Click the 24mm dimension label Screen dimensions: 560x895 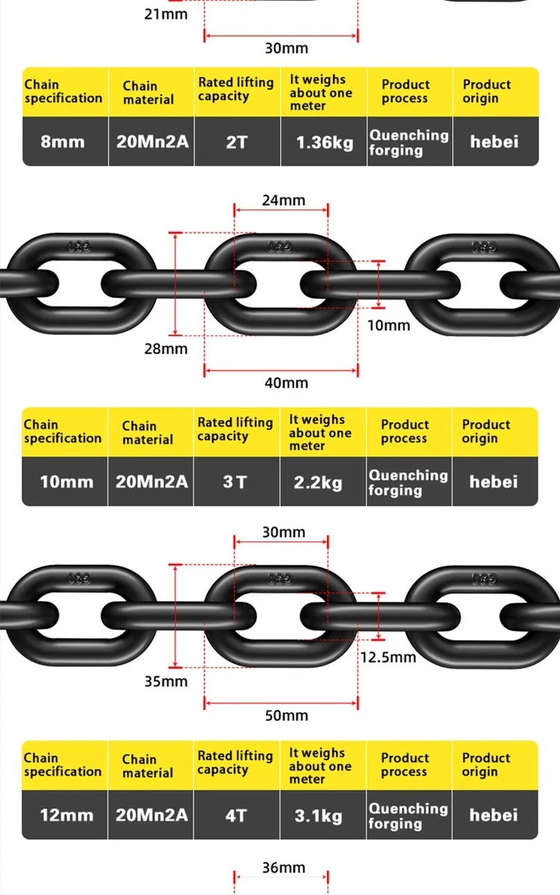pyautogui.click(x=284, y=200)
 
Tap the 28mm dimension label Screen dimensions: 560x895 pyautogui.click(x=166, y=348)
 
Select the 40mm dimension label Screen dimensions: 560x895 pyautogui.click(x=286, y=383)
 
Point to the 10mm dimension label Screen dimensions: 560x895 pyautogui.click(x=389, y=325)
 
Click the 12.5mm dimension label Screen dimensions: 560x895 pyautogui.click(x=388, y=657)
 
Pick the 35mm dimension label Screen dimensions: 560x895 pyautogui.click(x=166, y=681)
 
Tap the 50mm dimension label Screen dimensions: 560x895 pyautogui.click(x=286, y=715)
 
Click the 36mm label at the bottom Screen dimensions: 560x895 pyautogui.click(x=284, y=867)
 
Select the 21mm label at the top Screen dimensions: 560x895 pyautogui.click(x=166, y=13)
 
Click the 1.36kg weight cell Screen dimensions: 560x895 pyautogui.click(x=324, y=142)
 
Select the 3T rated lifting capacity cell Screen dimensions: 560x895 pyautogui.click(x=235, y=482)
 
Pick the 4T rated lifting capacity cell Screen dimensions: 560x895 pyautogui.click(x=235, y=815)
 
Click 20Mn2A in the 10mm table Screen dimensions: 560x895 pyautogui.click(x=152, y=481)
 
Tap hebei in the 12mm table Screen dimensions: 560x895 pyautogui.click(x=494, y=815)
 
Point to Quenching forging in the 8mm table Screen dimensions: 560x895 pyautogui.click(x=408, y=142)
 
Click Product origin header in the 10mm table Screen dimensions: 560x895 pyautogui.click(x=486, y=431)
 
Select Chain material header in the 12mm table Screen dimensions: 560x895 pyautogui.click(x=148, y=766)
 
